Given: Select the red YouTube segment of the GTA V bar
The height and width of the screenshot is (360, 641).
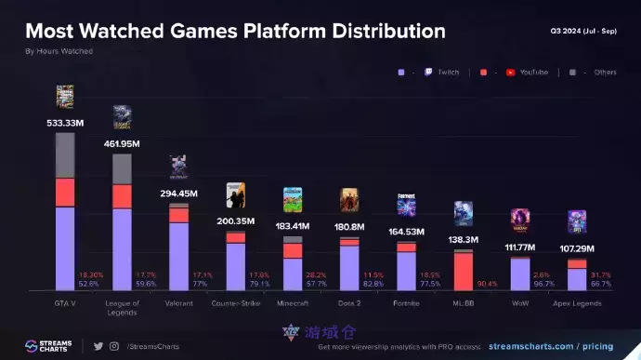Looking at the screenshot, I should tap(65, 192).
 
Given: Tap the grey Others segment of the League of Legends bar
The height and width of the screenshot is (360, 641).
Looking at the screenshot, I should tap(122, 168).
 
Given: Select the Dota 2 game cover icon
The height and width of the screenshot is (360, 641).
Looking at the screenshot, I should tap(349, 200).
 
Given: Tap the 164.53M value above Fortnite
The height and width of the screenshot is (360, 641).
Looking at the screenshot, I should tap(406, 232).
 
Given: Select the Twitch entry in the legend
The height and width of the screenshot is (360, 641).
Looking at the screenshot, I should tap(442, 72).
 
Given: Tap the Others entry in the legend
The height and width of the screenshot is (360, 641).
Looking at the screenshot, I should tap(605, 72).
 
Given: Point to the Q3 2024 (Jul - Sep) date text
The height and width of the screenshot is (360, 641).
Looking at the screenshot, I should tap(582, 31).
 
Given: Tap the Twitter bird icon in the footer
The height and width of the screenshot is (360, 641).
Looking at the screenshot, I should tap(98, 346).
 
